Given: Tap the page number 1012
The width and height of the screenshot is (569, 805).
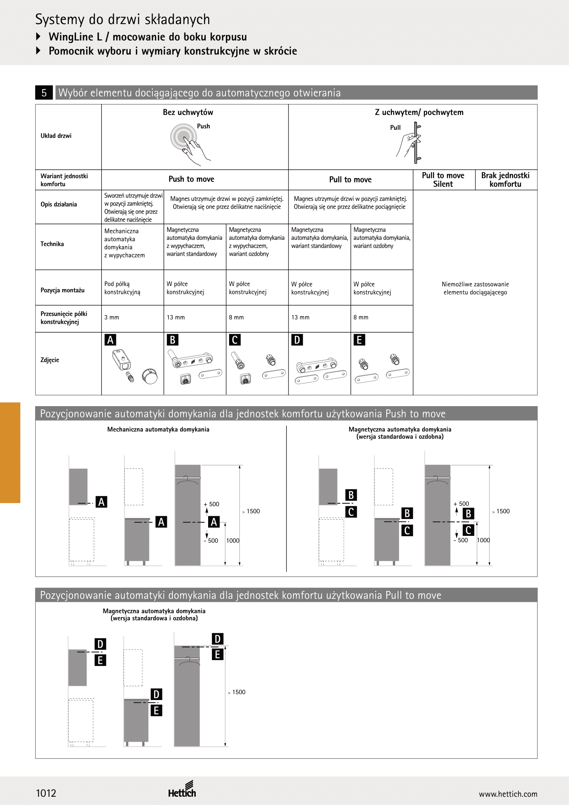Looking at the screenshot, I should tap(46, 793).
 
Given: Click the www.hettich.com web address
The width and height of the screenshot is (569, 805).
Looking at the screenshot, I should tap(508, 794).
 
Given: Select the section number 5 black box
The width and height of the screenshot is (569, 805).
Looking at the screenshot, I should tap(44, 93).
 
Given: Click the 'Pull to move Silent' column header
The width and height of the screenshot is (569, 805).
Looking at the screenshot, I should tap(443, 180).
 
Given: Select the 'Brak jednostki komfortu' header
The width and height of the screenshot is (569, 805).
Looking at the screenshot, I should tap(505, 180).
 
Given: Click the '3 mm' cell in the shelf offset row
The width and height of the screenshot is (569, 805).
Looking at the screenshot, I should tap(112, 317).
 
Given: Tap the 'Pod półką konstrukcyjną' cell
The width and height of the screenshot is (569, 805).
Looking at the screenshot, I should tap(122, 288).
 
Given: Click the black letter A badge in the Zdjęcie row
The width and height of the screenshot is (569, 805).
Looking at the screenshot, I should tap(110, 340).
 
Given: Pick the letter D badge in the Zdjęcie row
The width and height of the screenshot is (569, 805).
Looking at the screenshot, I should tap(297, 340).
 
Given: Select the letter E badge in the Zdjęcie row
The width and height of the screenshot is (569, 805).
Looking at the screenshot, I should tap(359, 340).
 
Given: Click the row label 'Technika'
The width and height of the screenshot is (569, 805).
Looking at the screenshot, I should tap(52, 244).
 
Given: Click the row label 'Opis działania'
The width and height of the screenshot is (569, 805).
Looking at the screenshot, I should tap(58, 204).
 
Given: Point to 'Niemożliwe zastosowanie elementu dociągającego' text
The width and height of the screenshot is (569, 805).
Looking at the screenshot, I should tap(475, 288).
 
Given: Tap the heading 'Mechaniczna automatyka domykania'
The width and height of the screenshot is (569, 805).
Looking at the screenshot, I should tap(158, 430).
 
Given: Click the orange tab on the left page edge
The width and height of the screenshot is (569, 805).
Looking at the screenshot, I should tap(10, 453).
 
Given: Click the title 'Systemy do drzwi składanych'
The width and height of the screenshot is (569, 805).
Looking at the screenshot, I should tap(122, 20).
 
